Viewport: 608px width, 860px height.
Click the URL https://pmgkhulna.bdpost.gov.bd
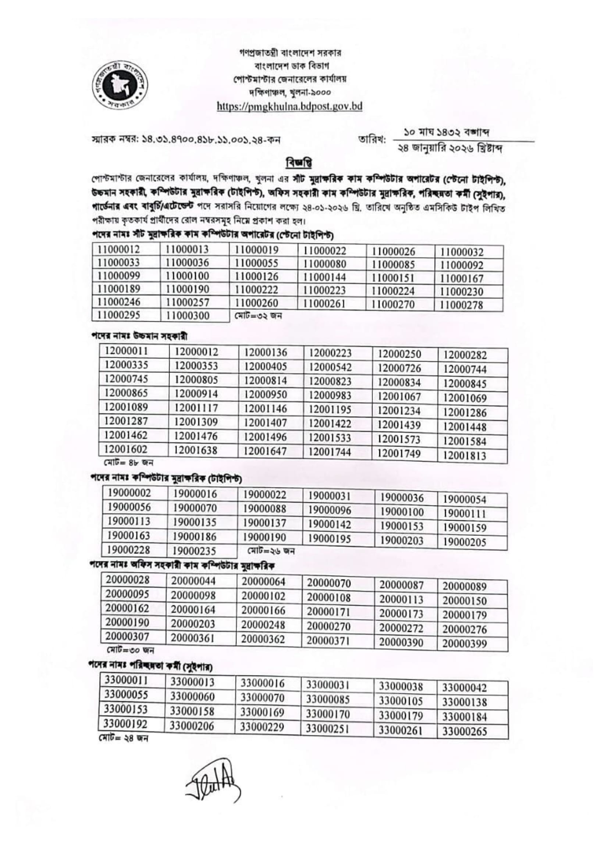point(289,106)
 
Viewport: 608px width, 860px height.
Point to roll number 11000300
point(187,315)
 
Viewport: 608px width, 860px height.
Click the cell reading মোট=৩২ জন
point(258,315)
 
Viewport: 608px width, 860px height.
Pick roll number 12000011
point(126,351)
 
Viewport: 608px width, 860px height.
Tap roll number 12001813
point(465,456)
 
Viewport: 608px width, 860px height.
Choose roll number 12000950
point(266,395)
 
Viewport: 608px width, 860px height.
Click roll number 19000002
point(129,493)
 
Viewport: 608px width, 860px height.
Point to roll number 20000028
point(127,580)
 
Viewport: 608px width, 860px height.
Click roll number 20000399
point(465,644)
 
